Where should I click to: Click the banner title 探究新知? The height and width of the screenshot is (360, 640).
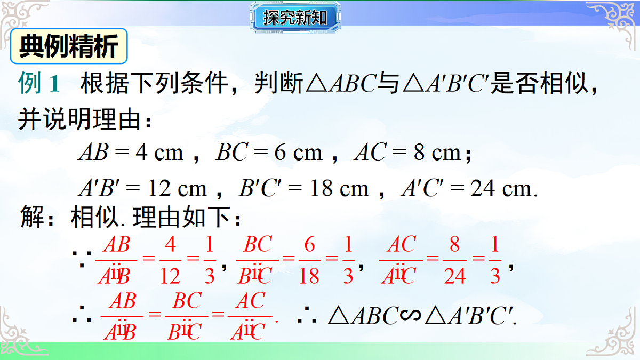tap(295, 18)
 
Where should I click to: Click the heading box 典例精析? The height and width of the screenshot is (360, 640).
tap(69, 46)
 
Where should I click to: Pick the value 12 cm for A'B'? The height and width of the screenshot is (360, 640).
tap(176, 188)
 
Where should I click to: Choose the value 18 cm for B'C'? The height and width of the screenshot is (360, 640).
tap(339, 188)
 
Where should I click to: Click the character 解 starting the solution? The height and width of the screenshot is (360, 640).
tap(31, 219)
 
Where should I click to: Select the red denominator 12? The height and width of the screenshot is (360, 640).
tap(170, 276)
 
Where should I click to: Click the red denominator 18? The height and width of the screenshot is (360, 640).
tap(309, 276)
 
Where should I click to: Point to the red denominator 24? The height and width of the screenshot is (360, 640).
tap(454, 276)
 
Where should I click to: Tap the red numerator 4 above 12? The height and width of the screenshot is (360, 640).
tap(170, 245)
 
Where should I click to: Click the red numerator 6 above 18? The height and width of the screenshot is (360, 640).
tap(309, 245)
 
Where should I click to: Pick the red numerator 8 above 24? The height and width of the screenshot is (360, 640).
tap(454, 245)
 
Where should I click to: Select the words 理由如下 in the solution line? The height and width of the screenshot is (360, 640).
tap(187, 219)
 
